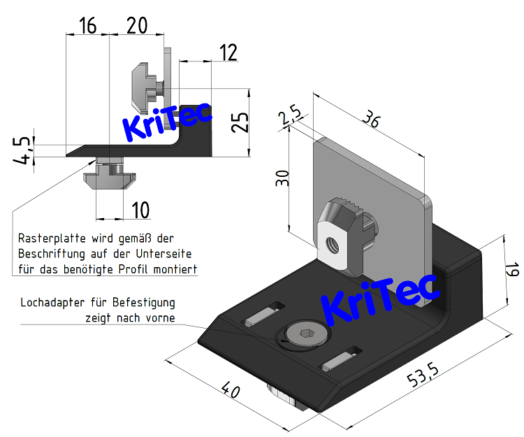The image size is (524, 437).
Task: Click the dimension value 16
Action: tap(88, 26)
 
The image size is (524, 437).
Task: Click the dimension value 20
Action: tap(137, 26)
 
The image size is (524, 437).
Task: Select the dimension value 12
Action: tap(228, 52)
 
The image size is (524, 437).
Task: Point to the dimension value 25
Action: tap(240, 123)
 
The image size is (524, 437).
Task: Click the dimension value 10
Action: tap(140, 209)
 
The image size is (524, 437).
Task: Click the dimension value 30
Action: tap(282, 178)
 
